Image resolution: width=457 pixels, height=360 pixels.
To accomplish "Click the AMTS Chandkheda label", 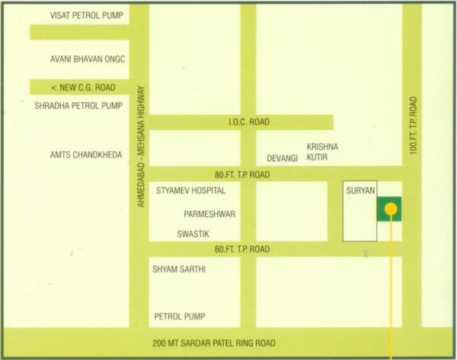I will tap(75, 155).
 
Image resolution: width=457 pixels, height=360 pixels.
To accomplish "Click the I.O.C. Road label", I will tap(249, 122).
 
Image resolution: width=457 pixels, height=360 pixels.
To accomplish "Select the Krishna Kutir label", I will tap(322, 151).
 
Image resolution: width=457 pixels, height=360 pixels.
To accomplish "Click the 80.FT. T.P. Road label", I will tap(243, 174).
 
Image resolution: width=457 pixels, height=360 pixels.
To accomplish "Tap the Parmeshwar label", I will tap(209, 215).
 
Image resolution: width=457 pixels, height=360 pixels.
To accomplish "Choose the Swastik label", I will tap(193, 234).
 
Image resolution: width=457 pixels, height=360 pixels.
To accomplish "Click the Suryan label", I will tap(360, 190).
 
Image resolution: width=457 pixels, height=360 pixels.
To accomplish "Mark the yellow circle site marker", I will tap(391, 207).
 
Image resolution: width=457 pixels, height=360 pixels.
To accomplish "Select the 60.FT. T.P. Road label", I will tap(243, 249).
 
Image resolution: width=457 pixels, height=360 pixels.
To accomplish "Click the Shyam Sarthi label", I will tap(180, 269).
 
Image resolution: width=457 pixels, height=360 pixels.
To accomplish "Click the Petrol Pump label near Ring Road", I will tap(180, 316).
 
